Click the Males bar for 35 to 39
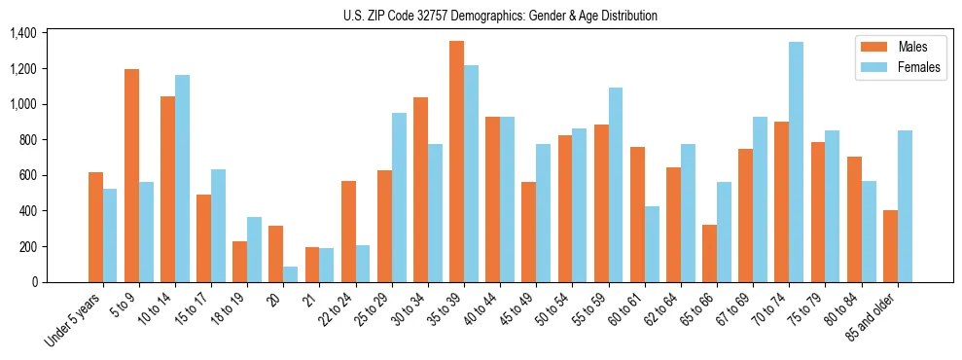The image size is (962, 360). pyautogui.click(x=456, y=162)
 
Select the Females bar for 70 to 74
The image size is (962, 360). pyautogui.click(x=796, y=162)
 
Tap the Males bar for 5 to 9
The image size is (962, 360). pyautogui.click(x=131, y=176)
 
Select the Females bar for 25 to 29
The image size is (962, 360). pyautogui.click(x=399, y=198)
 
